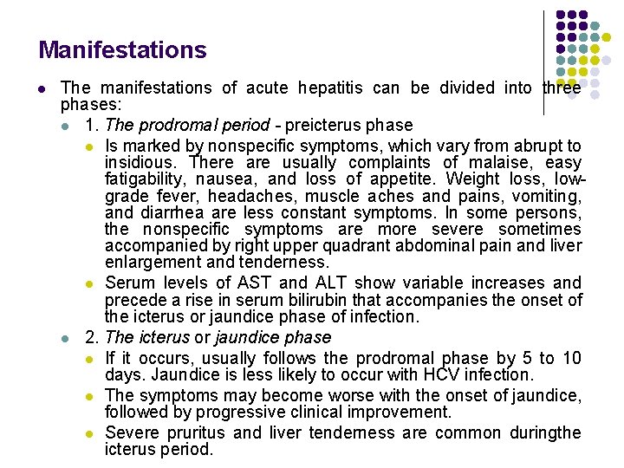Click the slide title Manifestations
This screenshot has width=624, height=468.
point(122,50)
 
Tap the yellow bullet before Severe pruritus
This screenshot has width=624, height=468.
point(91,433)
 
